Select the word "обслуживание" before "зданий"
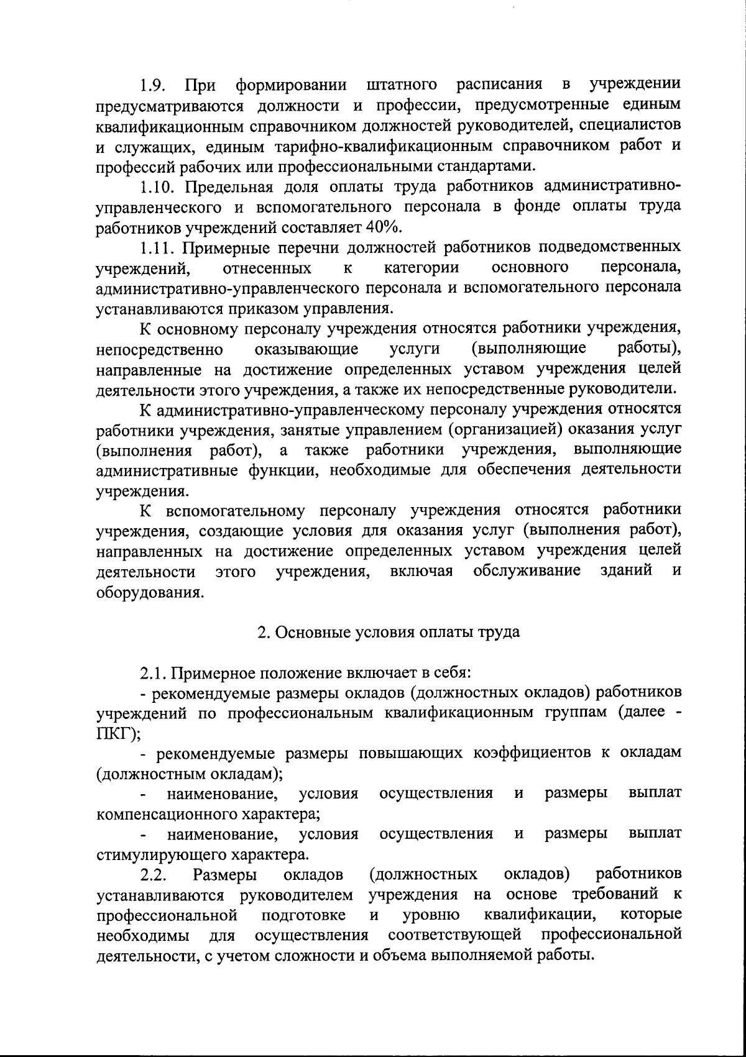click(527, 571)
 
